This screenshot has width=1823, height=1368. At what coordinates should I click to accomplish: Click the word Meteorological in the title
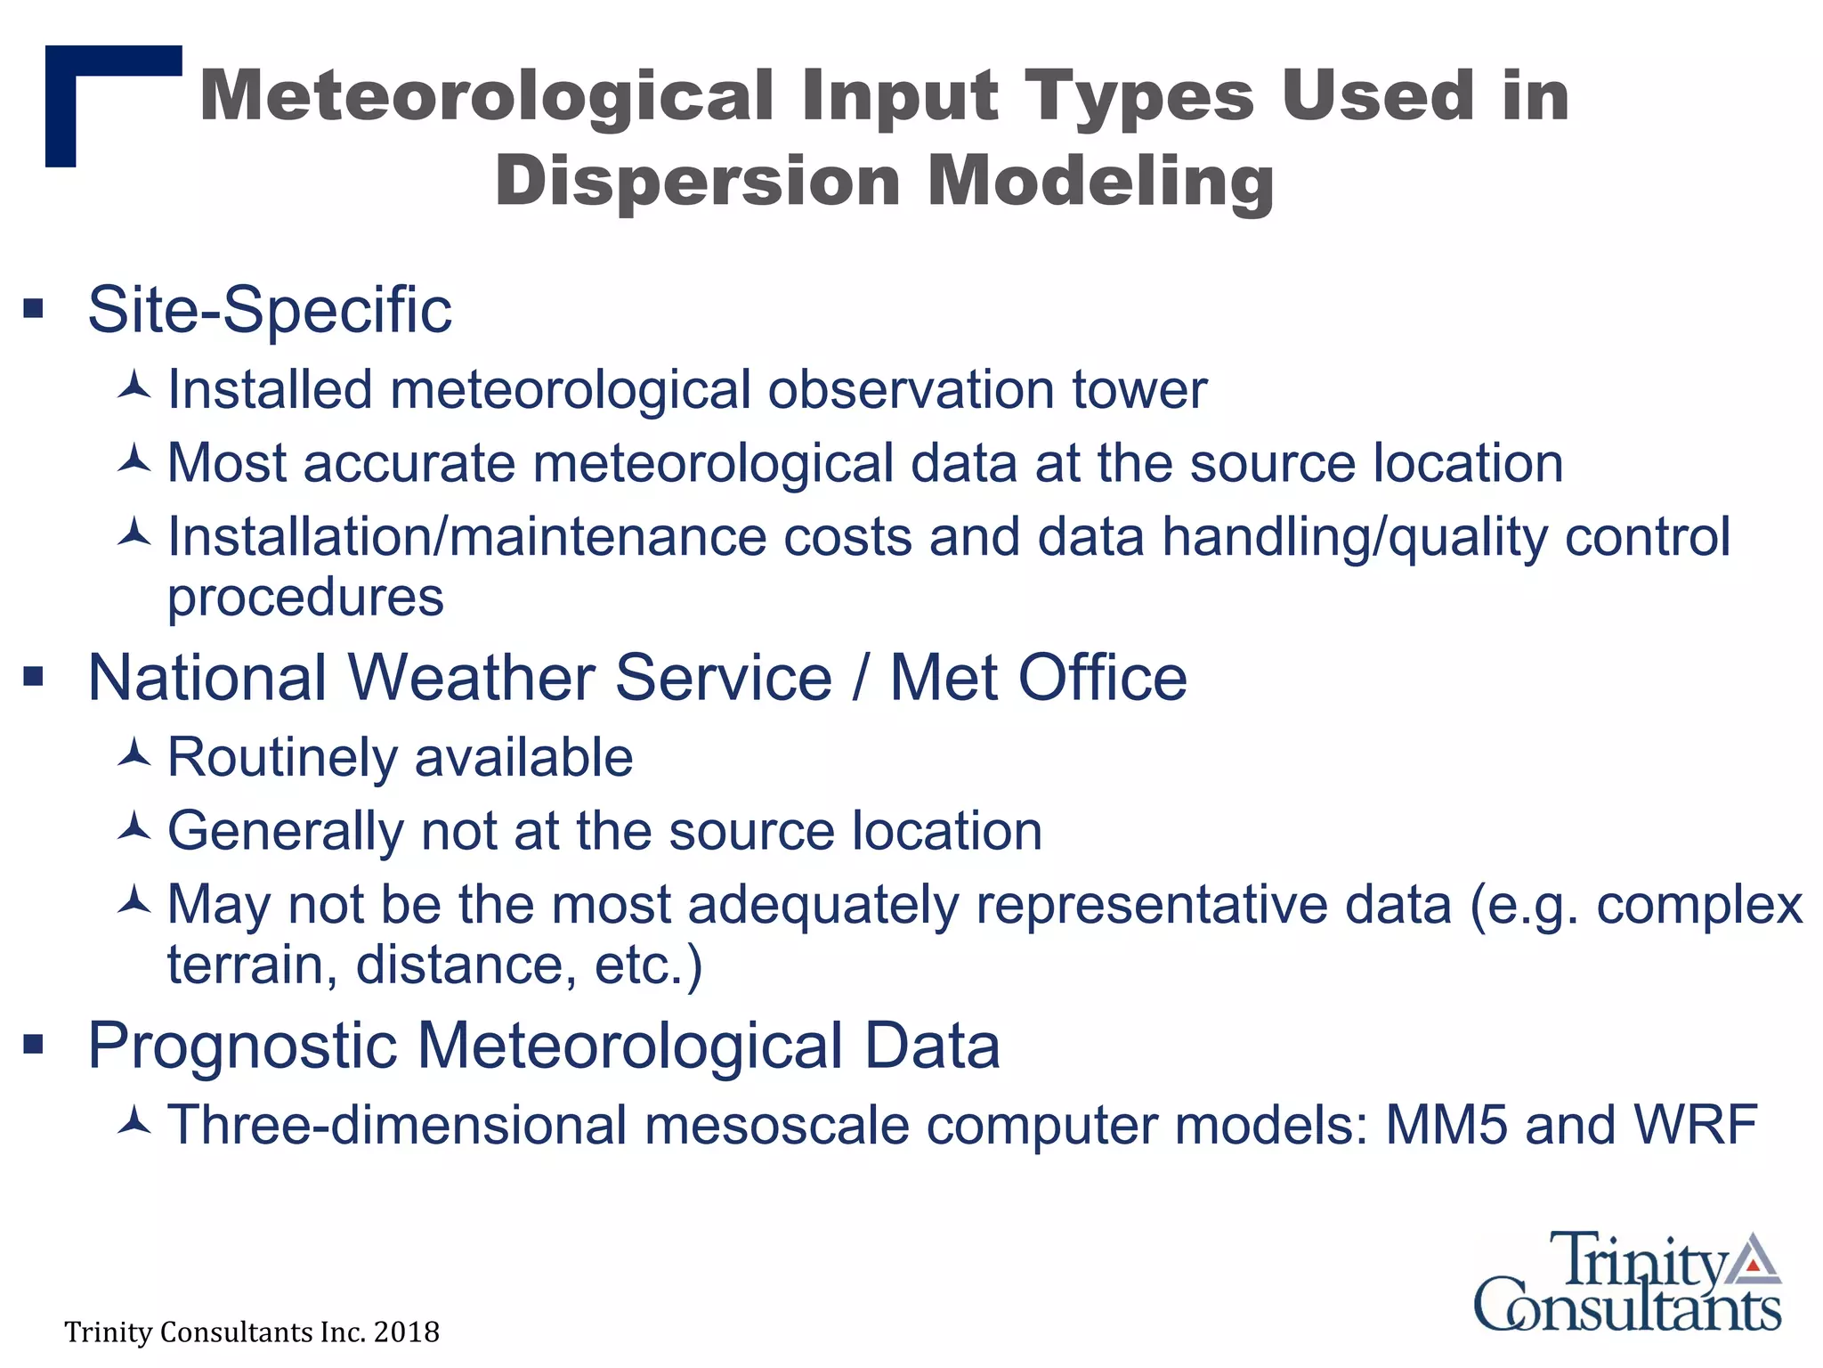(x=487, y=96)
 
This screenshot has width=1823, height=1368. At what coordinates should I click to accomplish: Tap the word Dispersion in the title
(x=698, y=181)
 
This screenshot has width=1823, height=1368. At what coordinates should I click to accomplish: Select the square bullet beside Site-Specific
(x=34, y=309)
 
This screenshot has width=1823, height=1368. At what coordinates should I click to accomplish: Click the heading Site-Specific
(x=270, y=310)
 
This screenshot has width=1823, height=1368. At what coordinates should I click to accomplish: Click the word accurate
(x=409, y=463)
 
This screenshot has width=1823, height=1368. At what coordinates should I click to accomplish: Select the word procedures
(x=305, y=597)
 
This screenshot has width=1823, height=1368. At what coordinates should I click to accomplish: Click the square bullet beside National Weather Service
(x=34, y=677)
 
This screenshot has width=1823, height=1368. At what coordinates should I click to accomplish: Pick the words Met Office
(x=1038, y=678)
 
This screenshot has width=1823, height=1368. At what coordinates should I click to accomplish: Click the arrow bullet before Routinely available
(x=134, y=755)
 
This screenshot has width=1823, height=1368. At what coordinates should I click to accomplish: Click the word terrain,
(x=253, y=965)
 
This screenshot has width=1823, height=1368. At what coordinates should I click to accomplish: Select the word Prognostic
(x=242, y=1046)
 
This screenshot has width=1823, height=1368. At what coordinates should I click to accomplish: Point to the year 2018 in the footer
(x=407, y=1332)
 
